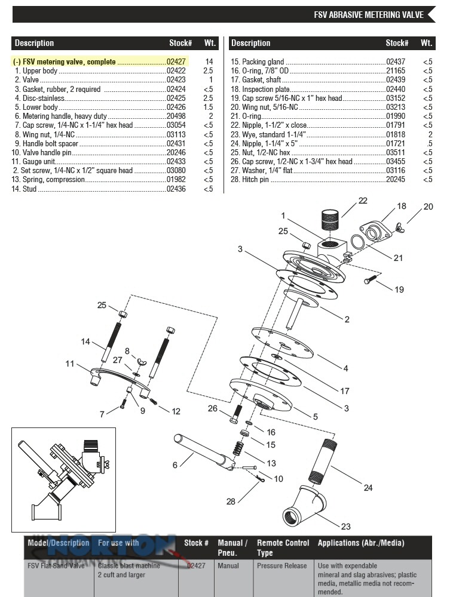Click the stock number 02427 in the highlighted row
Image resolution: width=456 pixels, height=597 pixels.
click(176, 61)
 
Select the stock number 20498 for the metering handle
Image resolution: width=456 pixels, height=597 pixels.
click(176, 116)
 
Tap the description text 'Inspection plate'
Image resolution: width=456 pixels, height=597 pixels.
click(266, 89)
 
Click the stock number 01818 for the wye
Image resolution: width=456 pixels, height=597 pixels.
click(396, 134)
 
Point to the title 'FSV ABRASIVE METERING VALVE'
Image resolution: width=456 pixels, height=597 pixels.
click(369, 15)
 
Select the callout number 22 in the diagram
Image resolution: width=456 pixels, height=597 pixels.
click(363, 201)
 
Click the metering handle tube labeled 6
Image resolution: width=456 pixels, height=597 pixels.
click(204, 453)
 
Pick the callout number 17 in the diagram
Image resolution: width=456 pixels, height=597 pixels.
click(345, 391)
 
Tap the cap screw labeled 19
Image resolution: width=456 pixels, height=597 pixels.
click(371, 279)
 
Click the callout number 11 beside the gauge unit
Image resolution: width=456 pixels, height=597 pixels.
click(70, 364)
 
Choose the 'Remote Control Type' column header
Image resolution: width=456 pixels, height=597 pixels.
click(283, 547)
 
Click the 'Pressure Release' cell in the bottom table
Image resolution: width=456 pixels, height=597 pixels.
click(281, 566)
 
